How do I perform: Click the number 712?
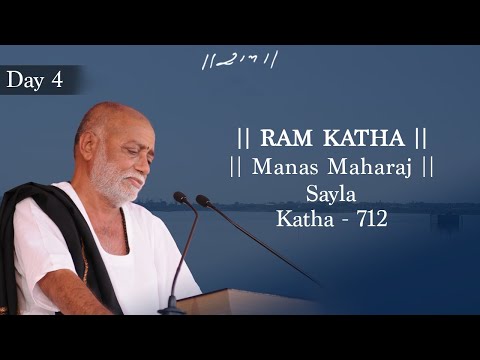tap(367, 215)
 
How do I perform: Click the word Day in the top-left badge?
tap(23, 80)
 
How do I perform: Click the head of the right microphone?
tap(204, 201)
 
